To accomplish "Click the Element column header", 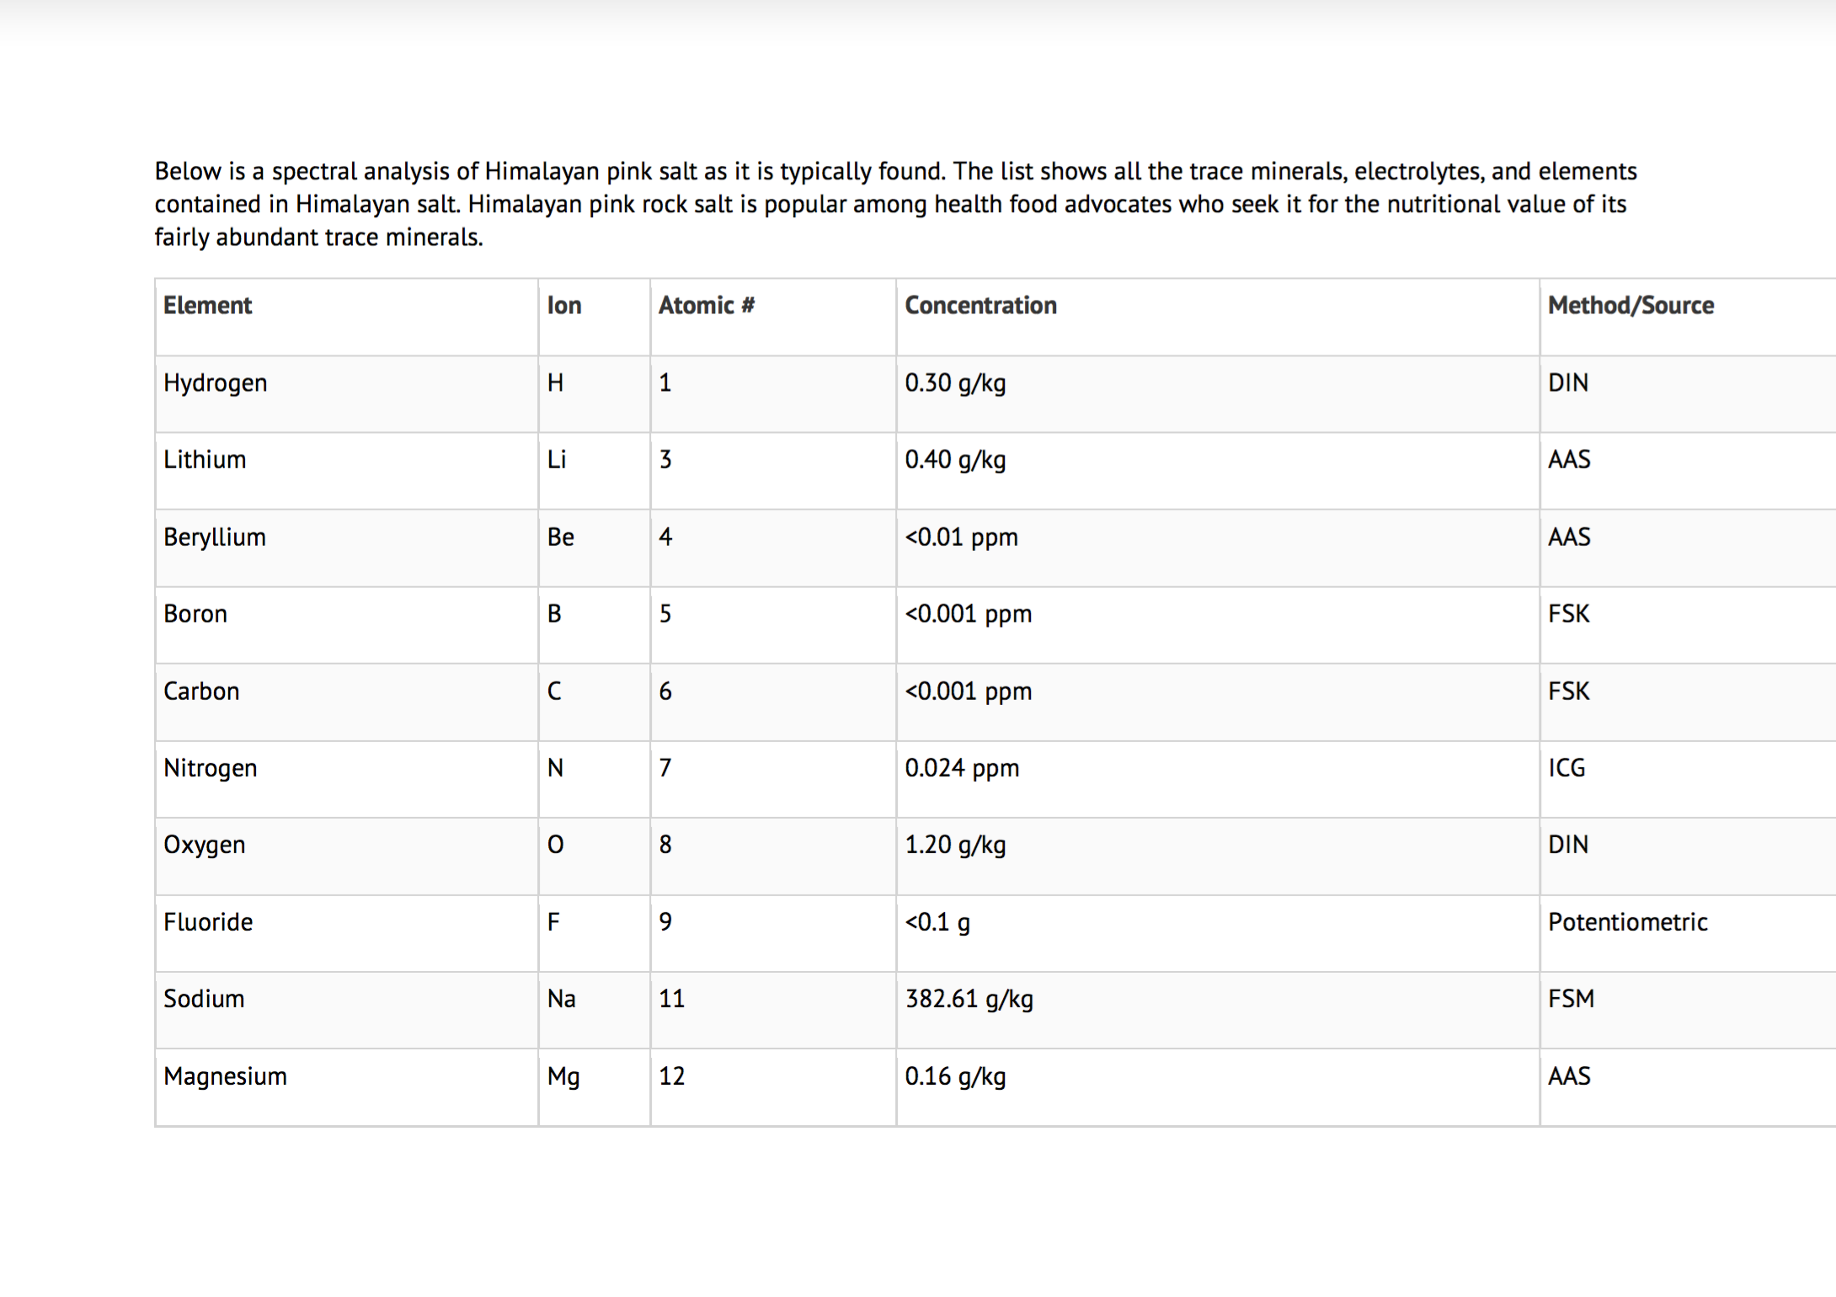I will click(207, 306).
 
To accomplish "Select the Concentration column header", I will click(980, 306).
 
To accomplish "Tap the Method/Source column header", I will click(1631, 306).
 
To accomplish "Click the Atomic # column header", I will click(706, 306).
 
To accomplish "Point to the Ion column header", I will click(564, 306).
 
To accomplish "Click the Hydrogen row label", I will click(215, 383).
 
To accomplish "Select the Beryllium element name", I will click(215, 537).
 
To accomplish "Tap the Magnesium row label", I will click(225, 1076).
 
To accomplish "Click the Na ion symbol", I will click(561, 999).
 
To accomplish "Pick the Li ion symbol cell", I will click(557, 460).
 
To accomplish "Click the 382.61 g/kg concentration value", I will click(969, 999).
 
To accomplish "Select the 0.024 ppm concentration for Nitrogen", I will click(962, 768).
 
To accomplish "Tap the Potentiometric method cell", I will click(1627, 922).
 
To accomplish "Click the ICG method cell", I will click(1566, 768).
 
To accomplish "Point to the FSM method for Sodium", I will click(1571, 999).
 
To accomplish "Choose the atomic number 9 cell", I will click(665, 922).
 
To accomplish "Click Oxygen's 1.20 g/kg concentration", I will click(955, 845).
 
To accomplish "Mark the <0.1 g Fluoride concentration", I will click(937, 922).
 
